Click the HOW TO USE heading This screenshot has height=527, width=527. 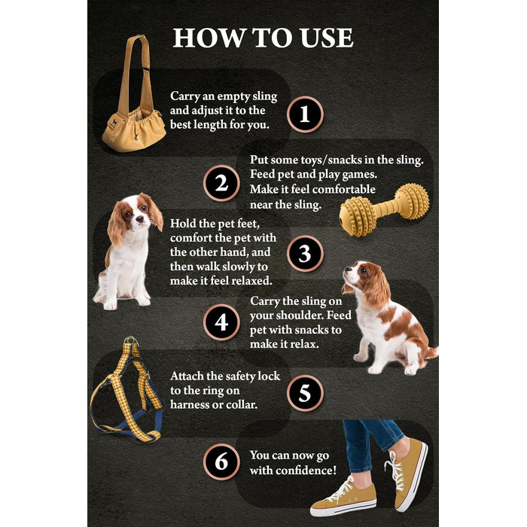pos(263,38)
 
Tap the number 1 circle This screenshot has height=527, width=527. pos(305,114)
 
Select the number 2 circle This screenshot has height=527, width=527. pos(221,184)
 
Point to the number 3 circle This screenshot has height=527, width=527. pos(305,254)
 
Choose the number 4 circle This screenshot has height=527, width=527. pos(221,323)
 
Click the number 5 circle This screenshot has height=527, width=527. pos(305,393)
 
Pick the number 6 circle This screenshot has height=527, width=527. pos(221,462)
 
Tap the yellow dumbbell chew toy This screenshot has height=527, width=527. pos(384,210)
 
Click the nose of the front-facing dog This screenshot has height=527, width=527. pos(139,220)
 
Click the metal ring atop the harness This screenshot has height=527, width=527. pos(131,341)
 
